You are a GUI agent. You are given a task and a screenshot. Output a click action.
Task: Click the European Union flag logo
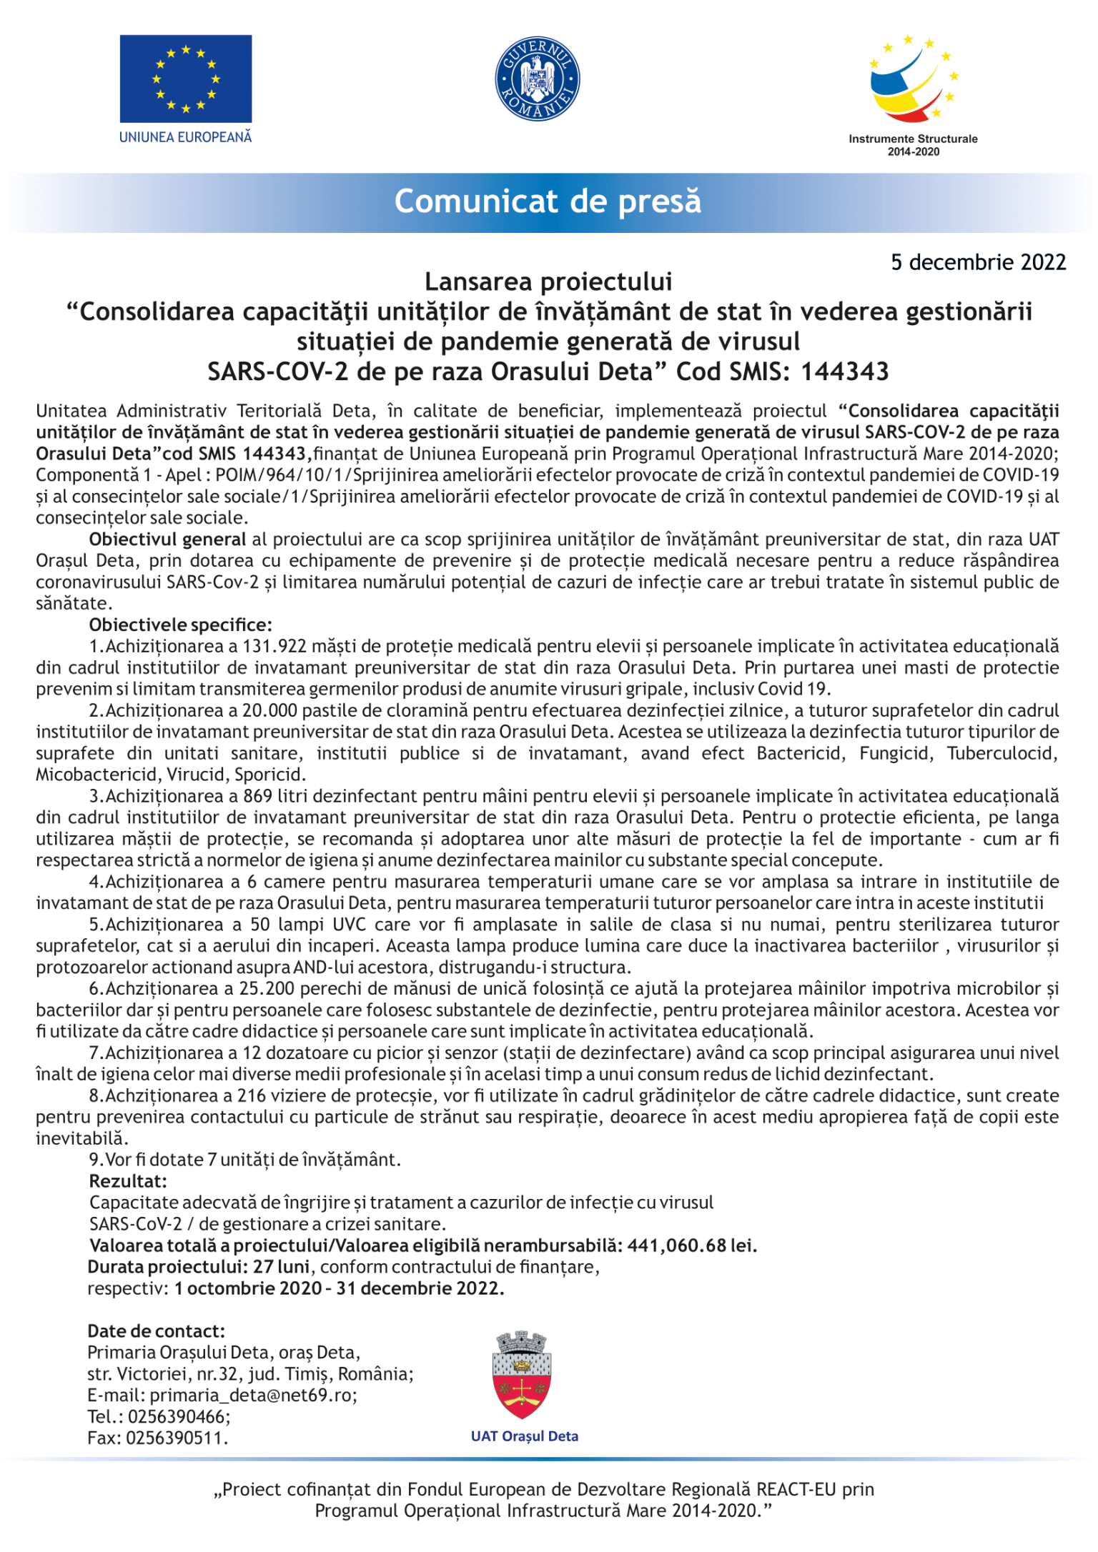[x=185, y=79]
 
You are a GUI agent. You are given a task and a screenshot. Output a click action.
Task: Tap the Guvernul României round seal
[x=537, y=79]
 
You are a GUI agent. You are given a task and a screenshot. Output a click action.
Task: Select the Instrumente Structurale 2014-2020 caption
[x=913, y=145]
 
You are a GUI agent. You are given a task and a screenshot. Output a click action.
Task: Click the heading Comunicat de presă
[x=548, y=202]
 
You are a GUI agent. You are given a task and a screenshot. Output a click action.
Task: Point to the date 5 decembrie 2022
[x=978, y=262]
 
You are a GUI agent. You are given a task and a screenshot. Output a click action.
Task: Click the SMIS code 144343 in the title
[x=844, y=372]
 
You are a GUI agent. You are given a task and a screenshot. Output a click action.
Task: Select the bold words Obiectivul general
[x=167, y=539]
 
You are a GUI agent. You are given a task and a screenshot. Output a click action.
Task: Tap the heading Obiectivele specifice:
[x=180, y=625]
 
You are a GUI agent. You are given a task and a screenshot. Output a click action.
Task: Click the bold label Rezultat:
[x=128, y=1181]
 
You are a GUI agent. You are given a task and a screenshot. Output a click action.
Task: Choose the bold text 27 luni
[x=281, y=1267]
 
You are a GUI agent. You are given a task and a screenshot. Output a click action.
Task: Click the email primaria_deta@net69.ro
[x=253, y=1395]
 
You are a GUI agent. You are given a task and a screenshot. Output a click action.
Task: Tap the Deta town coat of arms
[x=523, y=1376]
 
